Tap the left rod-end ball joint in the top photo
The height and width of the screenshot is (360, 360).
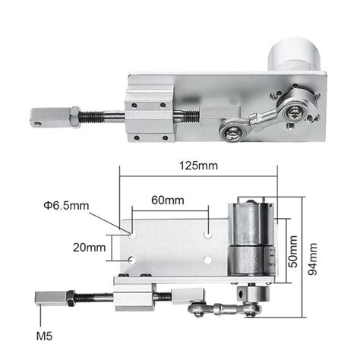tap(231, 133)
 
